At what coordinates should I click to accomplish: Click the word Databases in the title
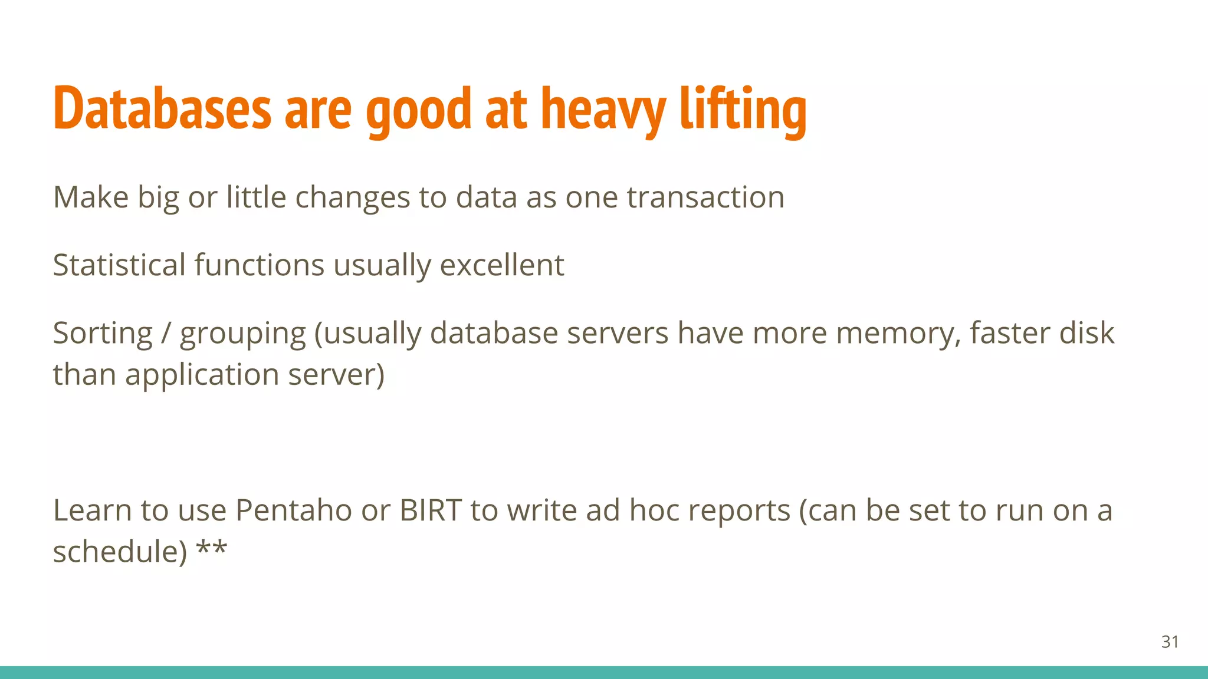pos(162,109)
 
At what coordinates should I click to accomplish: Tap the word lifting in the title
pos(743,109)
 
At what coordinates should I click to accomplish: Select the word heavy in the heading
pos(603,109)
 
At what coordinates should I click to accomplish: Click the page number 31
pos(1170,642)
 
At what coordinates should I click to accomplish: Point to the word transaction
pos(705,197)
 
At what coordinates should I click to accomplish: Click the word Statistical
pos(119,265)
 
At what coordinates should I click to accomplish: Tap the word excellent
pos(502,265)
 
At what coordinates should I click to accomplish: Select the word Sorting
pos(103,334)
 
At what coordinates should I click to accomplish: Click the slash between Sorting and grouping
pos(166,334)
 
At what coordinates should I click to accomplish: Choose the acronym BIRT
pos(431,510)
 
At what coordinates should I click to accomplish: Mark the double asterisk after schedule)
pos(211,549)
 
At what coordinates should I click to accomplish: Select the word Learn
pos(92,510)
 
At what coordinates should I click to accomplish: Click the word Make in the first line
pos(91,197)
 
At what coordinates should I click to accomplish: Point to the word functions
pos(259,265)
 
